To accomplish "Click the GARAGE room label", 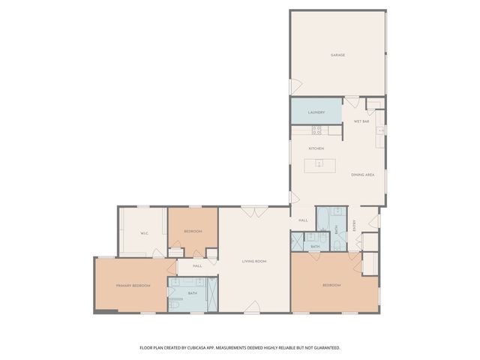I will [337, 55].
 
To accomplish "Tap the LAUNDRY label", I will [316, 112].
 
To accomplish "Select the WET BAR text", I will [361, 121].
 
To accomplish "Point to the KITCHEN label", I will [316, 148].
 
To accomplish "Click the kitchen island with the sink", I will [319, 163].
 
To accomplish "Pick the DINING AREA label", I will [362, 175].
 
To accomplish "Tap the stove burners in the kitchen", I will [316, 130].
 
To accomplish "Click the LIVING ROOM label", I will [254, 261].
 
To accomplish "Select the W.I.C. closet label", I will [144, 233].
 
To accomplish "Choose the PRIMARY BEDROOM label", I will [133, 286].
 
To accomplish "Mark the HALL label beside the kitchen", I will [303, 220].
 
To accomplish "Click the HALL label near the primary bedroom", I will [197, 265].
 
